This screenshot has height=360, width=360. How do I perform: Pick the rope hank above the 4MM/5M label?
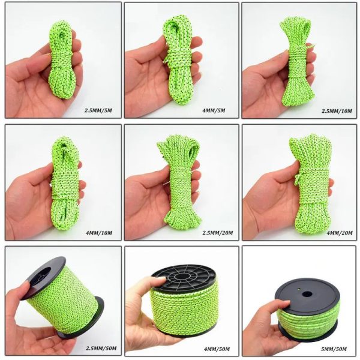click(180, 60)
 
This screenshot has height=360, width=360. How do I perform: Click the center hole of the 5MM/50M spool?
click(307, 295)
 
